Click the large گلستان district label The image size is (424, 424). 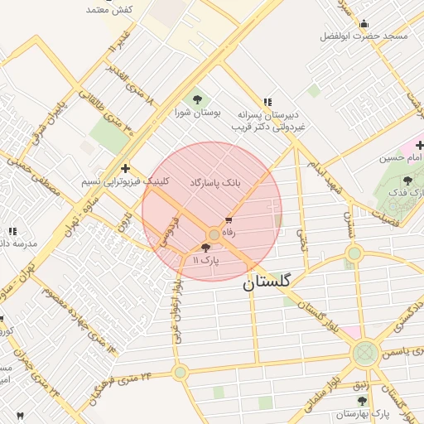tap(267, 282)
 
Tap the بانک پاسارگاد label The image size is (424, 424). tap(215, 181)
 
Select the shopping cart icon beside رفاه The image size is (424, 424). tap(229, 221)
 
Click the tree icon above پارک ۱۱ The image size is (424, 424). tap(205, 248)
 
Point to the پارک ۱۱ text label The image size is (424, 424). tap(206, 260)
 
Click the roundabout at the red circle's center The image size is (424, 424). tap(214, 235)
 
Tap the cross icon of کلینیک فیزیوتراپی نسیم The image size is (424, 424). tap(125, 168)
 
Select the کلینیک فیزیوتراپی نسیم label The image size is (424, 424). tap(113, 181)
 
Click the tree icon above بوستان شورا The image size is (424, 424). tap(197, 99)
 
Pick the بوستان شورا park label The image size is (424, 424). tap(196, 112)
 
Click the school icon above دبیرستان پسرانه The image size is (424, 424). tap(267, 100)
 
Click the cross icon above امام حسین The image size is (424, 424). tap(419, 145)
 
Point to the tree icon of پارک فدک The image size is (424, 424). tap(407, 180)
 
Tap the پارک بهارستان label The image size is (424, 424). tap(369, 412)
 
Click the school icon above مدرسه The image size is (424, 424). tap(12, 231)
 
